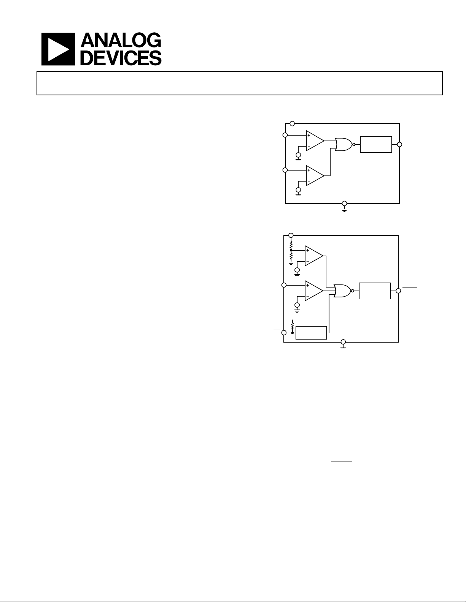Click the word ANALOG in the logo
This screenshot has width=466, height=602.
pyautogui.click(x=121, y=40)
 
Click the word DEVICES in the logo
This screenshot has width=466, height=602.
pyautogui.click(x=121, y=58)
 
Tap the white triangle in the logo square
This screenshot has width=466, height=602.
pyautogui.click(x=58, y=49)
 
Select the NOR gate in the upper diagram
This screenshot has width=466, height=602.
pyautogui.click(x=344, y=144)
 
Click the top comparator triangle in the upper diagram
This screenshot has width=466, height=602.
pyautogui.click(x=315, y=141)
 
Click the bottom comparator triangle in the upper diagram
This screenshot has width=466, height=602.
pyautogui.click(x=315, y=175)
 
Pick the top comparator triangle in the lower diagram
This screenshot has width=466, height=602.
pyautogui.click(x=314, y=256)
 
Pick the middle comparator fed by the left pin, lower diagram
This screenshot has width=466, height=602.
pyautogui.click(x=314, y=291)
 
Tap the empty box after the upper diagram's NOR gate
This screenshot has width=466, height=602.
pyautogui.click(x=376, y=144)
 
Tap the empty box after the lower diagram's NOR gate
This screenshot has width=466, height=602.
pyautogui.click(x=375, y=291)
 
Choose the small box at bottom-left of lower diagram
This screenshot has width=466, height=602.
pyautogui.click(x=311, y=332)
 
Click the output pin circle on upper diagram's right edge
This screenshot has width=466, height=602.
pyautogui.click(x=399, y=144)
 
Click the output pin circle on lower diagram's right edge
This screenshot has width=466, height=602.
pyautogui.click(x=398, y=291)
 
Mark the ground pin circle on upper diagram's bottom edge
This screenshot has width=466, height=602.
pyautogui.click(x=344, y=203)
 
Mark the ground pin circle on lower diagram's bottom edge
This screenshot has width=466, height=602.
pyautogui.click(x=343, y=342)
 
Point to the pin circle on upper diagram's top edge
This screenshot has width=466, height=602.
pyautogui.click(x=292, y=123)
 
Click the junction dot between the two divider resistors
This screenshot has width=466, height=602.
pyautogui.click(x=291, y=250)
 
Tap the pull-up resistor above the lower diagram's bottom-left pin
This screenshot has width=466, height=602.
pyautogui.click(x=293, y=326)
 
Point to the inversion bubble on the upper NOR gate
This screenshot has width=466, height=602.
pyautogui.click(x=354, y=144)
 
